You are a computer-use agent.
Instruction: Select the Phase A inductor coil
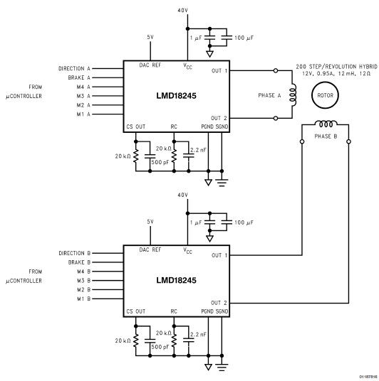[293, 95]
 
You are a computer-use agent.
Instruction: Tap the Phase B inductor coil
[326, 124]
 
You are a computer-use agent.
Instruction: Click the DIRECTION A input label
[74, 68]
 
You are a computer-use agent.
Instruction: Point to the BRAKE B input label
[79, 262]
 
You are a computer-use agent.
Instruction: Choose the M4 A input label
[83, 87]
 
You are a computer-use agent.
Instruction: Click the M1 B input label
[83, 299]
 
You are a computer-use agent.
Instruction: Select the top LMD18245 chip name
[176, 95]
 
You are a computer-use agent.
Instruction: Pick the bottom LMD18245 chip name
[176, 280]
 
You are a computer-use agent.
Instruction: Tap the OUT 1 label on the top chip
[219, 70]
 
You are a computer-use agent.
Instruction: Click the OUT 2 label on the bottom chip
[219, 303]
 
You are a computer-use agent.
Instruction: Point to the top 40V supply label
[182, 10]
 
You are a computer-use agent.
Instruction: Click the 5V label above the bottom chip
[150, 222]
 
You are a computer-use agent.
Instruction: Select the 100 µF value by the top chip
[244, 38]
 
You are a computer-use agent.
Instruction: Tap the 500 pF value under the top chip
[160, 162]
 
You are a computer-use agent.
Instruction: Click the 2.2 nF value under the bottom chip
[198, 334]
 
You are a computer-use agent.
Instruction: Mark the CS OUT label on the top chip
[135, 127]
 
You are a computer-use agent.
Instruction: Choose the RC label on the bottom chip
[174, 311]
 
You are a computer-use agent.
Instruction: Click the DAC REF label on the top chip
[150, 65]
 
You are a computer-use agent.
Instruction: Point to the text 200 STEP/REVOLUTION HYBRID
[337, 67]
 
